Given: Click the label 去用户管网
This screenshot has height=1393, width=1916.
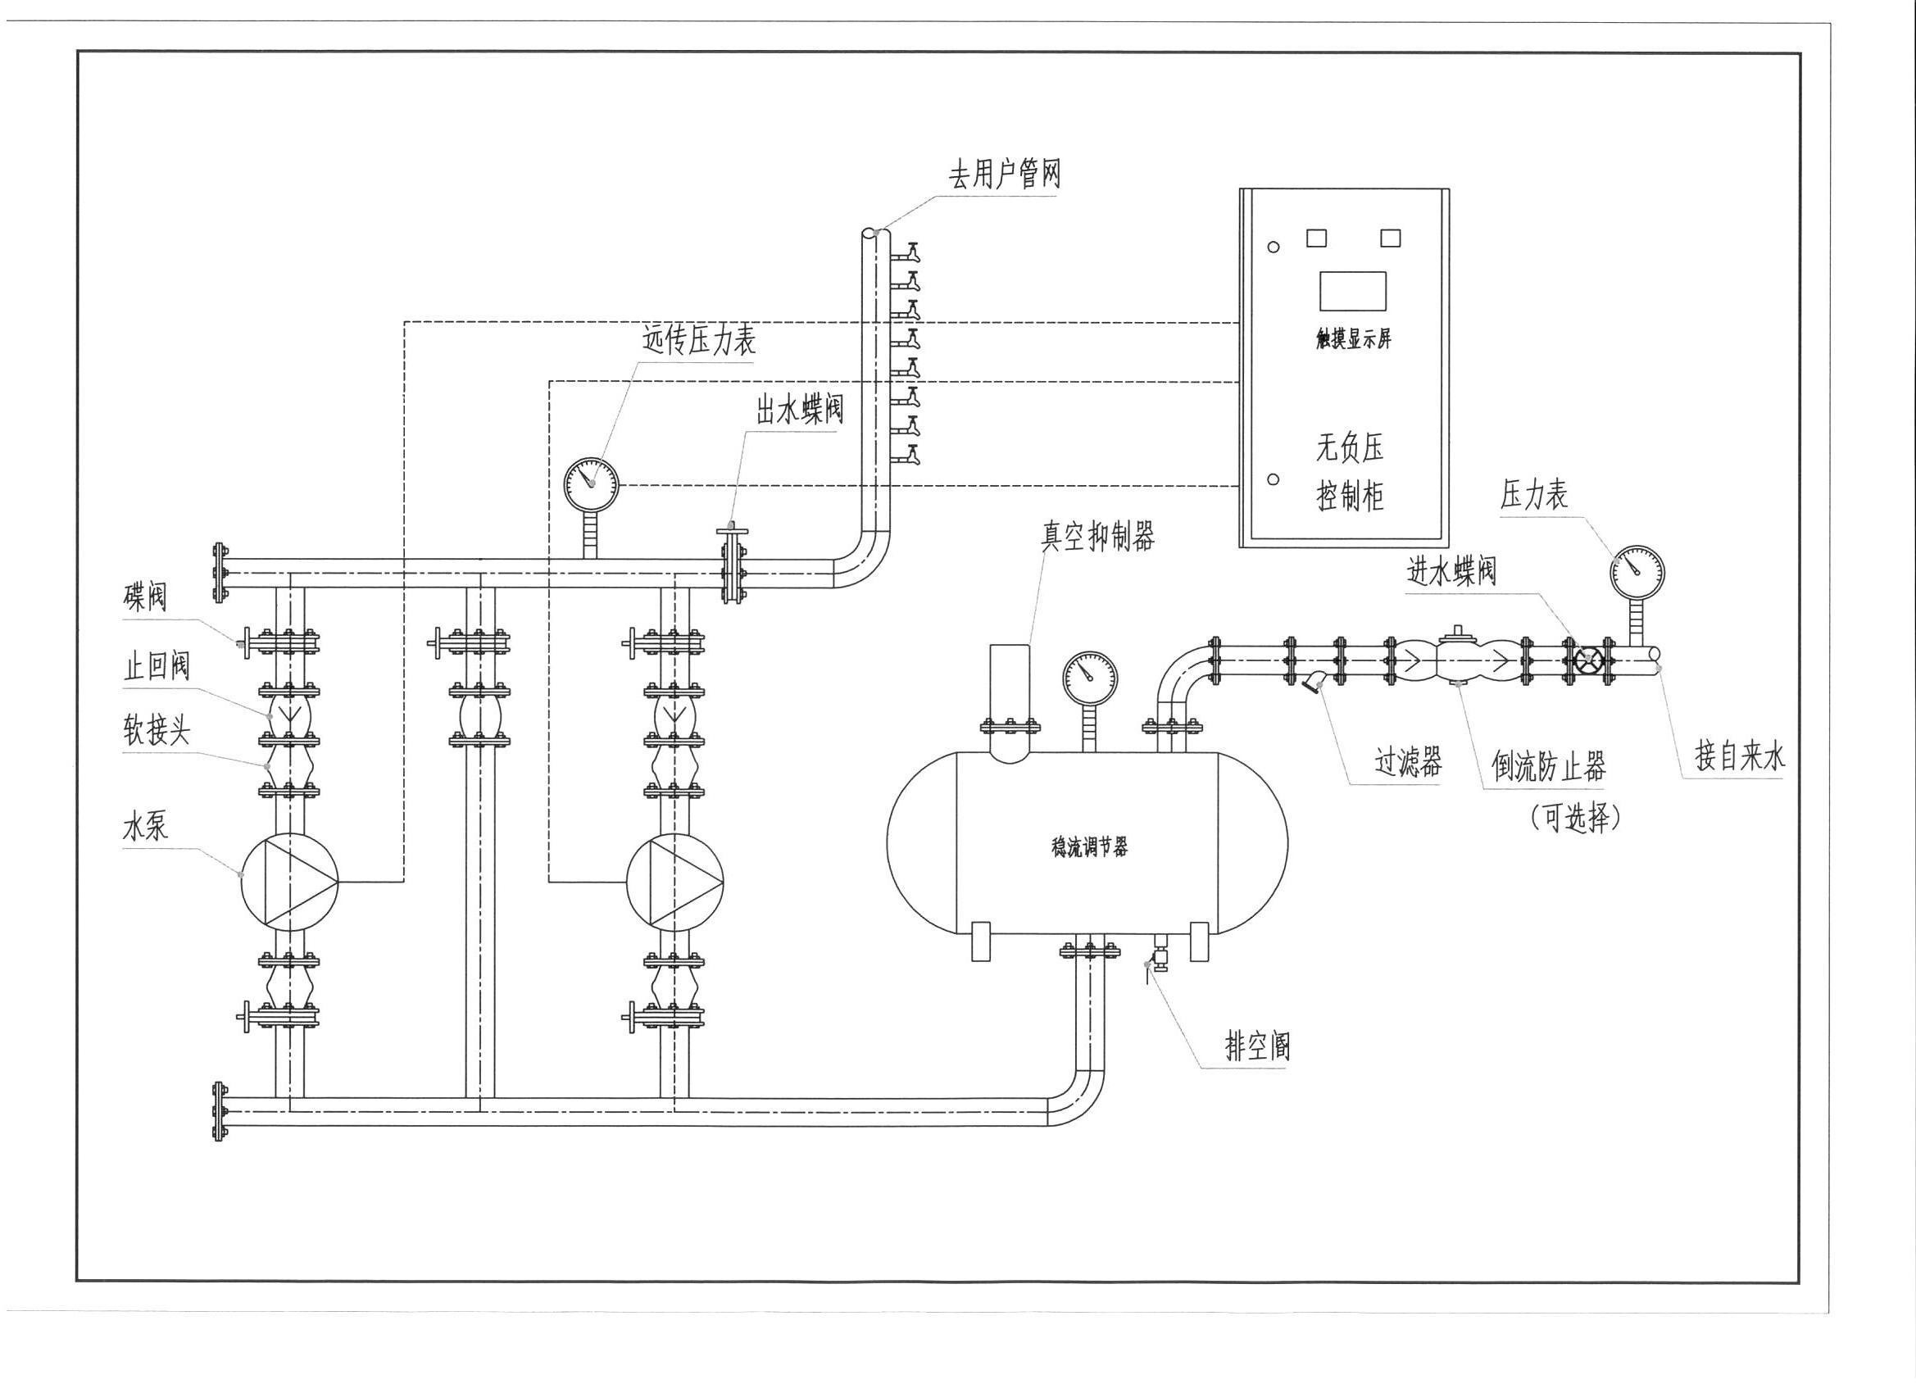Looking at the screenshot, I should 1004,175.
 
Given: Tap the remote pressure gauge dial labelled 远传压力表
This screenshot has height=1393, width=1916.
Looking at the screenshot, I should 592,484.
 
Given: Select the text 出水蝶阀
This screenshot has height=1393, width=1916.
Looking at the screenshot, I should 798,411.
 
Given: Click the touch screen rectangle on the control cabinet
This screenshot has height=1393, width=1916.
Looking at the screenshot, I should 1352,291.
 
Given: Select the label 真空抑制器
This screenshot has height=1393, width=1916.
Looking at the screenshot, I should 1096,536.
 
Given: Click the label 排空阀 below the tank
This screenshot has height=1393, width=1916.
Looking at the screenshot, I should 1258,1047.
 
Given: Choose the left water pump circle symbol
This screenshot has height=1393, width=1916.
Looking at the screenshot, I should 289,883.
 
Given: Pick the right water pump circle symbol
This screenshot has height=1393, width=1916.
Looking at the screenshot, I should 675,883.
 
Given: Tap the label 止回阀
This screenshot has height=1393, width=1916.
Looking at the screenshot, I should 157,667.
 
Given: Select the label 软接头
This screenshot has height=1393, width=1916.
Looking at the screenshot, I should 157,732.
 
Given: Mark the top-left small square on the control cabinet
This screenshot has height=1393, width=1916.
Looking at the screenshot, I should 1316,238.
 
